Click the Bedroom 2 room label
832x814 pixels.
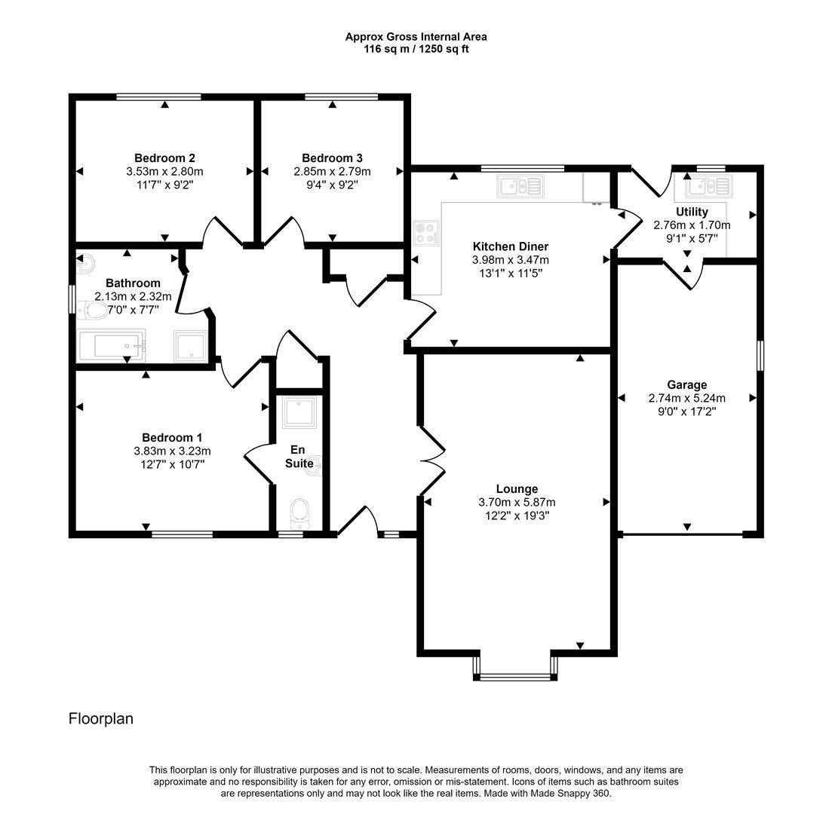tap(164, 158)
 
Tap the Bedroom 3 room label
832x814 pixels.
tap(332, 158)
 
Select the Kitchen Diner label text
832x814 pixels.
tap(510, 246)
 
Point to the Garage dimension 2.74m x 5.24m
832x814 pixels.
tap(686, 399)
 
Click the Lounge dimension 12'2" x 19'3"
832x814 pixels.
tap(517, 516)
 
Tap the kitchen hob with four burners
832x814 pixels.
tap(425, 232)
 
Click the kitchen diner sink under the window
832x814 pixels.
tap(520, 185)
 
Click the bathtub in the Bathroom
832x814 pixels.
tap(112, 347)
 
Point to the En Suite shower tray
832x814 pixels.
tap(298, 412)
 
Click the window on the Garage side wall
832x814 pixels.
tap(760, 356)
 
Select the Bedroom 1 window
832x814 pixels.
tap(182, 534)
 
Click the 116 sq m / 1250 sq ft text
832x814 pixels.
tap(416, 49)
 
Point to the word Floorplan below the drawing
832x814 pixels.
tap(101, 718)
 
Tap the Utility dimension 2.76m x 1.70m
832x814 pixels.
tap(692, 225)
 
